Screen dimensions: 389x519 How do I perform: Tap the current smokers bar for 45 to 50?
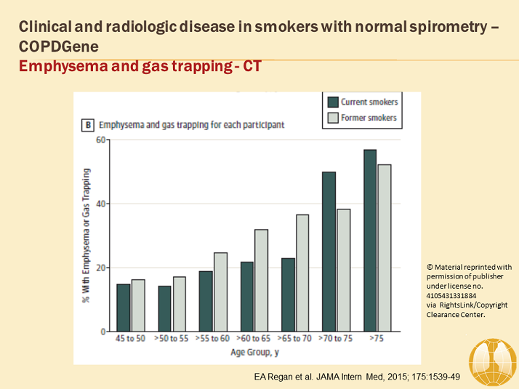coord(124,308)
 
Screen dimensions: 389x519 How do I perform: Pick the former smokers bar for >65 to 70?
coord(302,273)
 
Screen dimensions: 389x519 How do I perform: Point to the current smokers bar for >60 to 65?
coord(247,296)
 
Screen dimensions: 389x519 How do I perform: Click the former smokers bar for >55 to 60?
coord(220,292)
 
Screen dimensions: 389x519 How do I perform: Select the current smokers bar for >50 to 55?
coord(164,308)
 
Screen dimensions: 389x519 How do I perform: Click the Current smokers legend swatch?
coord(333,102)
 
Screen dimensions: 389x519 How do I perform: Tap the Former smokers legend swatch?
coord(333,118)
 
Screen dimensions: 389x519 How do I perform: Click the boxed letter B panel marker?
coord(87,124)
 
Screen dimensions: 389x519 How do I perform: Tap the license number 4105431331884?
coord(456,296)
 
